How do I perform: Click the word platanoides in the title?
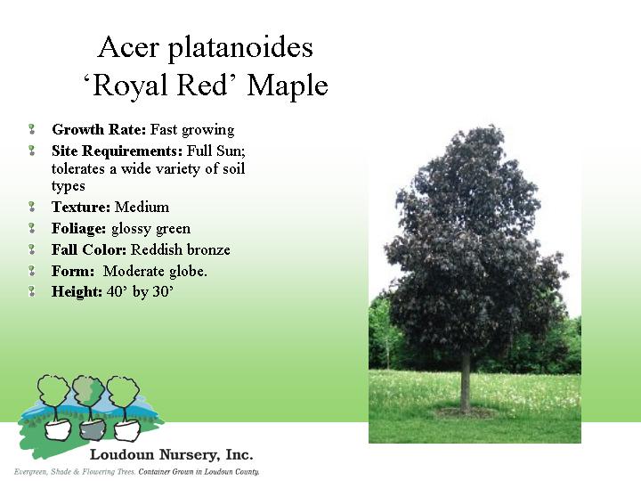[240, 48]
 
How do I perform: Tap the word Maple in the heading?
[288, 86]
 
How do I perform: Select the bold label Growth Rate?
[99, 130]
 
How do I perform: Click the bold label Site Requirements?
[117, 151]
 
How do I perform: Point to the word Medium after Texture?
[142, 207]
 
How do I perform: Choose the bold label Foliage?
[79, 229]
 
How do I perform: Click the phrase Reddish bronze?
[181, 249]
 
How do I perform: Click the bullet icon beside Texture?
[32, 207]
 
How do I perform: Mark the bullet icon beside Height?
[32, 291]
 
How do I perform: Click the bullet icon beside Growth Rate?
[32, 130]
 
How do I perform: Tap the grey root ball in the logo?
[92, 430]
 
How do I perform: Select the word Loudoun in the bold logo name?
[122, 455]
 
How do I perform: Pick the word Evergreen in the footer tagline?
[31, 472]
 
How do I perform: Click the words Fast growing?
[192, 130]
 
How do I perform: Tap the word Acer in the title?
[128, 47]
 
